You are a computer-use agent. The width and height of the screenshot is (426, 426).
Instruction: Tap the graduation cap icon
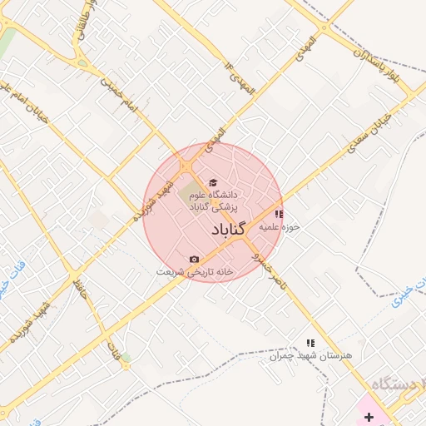tap(212, 182)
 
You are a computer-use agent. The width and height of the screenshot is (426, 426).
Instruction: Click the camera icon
tap(194, 260)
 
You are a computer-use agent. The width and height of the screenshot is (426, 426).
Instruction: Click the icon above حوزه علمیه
tap(278, 213)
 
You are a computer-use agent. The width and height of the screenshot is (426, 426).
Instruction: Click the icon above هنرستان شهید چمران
tap(310, 343)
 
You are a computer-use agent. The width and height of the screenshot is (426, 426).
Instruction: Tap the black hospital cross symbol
tap(369, 414)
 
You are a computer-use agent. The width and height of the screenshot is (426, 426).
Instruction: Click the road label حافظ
tap(80, 291)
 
